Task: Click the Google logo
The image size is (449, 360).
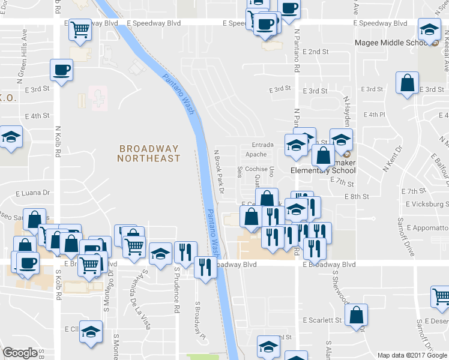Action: pos(20,353)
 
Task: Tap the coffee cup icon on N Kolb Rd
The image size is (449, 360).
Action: pos(61,71)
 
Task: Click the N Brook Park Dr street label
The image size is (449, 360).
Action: pos(218,172)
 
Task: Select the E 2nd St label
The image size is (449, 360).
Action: pos(315,52)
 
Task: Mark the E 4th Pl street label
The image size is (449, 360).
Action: pos(373,114)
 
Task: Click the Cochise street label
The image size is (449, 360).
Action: pos(256,169)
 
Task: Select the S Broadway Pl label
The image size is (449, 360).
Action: pos(196,319)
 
